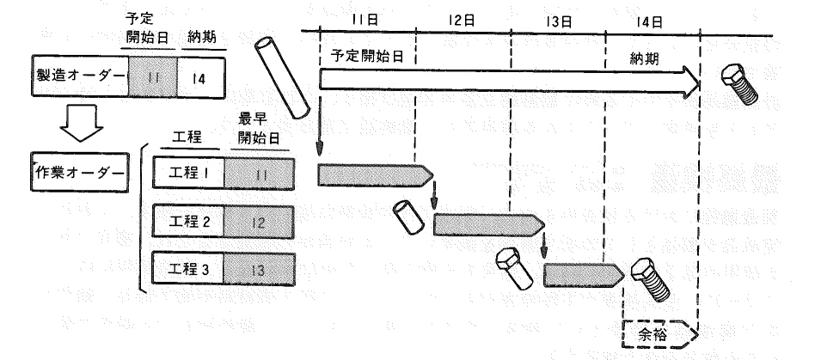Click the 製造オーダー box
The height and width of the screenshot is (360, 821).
[80, 76]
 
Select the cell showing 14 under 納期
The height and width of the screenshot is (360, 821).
[201, 77]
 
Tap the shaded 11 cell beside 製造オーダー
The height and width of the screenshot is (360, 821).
[153, 77]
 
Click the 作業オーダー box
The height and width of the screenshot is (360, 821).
[80, 172]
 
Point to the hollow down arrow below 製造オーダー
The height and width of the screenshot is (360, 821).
[82, 123]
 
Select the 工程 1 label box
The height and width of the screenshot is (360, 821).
[188, 174]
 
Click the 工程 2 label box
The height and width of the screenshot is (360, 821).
[188, 222]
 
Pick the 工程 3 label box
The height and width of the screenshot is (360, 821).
[188, 269]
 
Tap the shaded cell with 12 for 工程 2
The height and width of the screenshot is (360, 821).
[259, 223]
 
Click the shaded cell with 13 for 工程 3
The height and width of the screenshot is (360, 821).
[259, 270]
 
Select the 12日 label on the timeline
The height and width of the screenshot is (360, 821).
[462, 21]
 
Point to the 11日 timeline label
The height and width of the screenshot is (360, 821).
[365, 20]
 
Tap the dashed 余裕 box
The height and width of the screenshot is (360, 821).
[659, 334]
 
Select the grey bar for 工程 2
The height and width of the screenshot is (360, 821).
[489, 224]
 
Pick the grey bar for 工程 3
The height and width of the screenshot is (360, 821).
[584, 275]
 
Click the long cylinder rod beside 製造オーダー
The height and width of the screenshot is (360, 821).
[282, 77]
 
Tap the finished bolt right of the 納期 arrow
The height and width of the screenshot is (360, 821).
[739, 84]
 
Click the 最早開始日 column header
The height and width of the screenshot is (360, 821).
[259, 130]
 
